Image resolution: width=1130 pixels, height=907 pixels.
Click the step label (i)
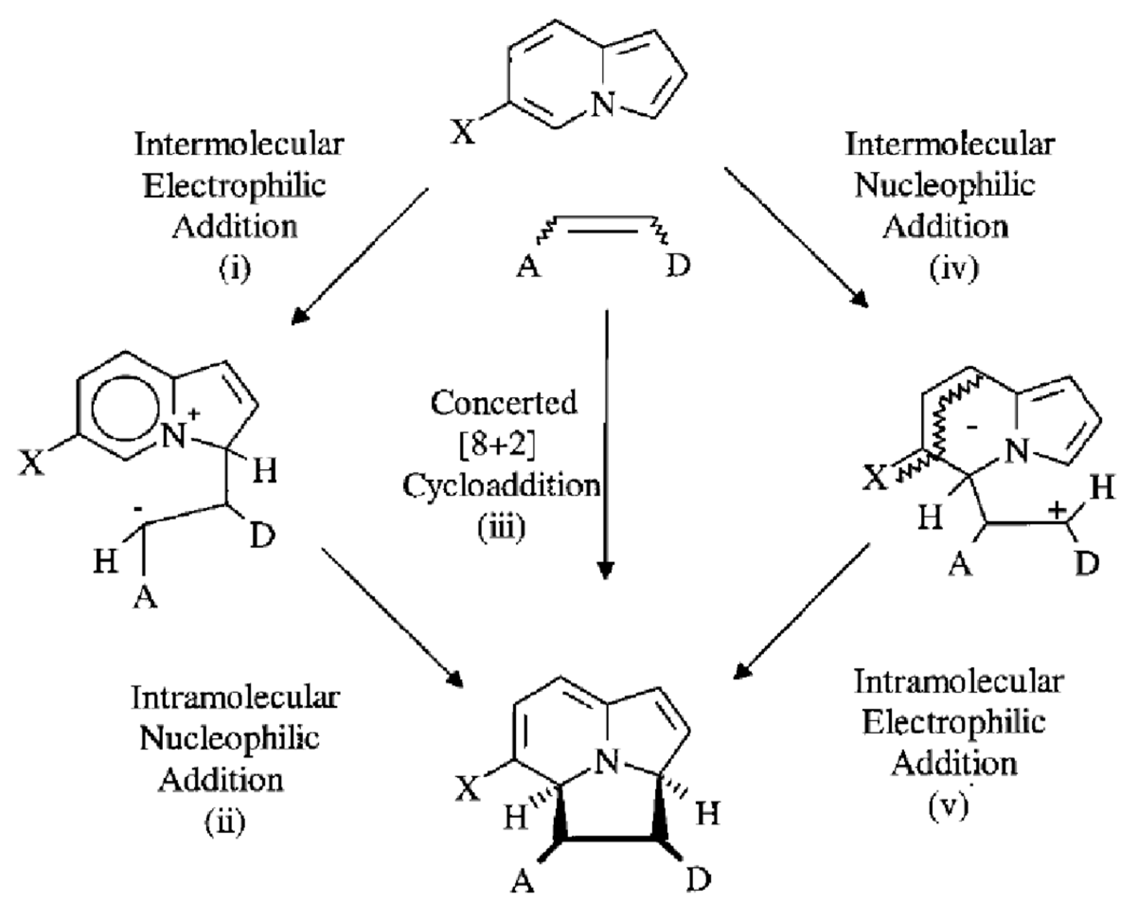[x=234, y=269]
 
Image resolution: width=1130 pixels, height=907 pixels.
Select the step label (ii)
[x=224, y=823]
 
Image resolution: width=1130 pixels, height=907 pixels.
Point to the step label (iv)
[x=954, y=269]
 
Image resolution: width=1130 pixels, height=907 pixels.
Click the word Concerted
[x=504, y=403]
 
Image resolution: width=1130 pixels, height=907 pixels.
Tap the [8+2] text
[x=498, y=445]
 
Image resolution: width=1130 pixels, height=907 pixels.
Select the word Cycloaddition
[x=502, y=486]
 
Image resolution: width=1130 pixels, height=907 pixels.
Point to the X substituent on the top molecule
[x=464, y=132]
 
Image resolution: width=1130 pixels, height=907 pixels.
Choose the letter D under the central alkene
[x=678, y=266]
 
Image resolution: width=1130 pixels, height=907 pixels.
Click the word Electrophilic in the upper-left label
[x=234, y=186]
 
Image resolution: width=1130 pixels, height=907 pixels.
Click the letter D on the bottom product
[x=698, y=881]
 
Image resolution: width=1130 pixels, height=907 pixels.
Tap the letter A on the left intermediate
[x=145, y=597]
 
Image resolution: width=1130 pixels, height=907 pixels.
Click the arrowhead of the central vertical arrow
[x=606, y=570]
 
